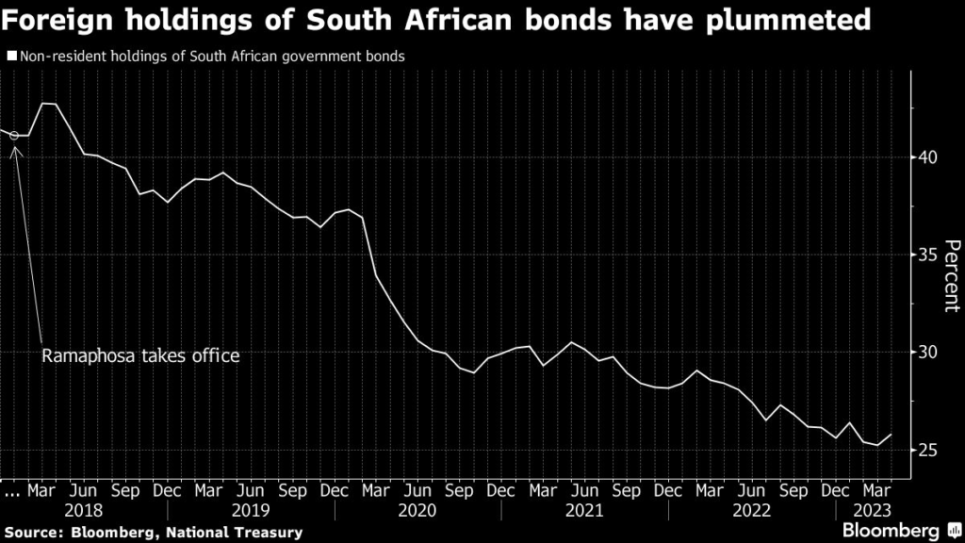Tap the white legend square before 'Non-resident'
(x=10, y=57)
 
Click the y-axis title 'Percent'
(x=950, y=275)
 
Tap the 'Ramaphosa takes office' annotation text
(x=140, y=355)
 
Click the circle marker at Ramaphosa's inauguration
(x=14, y=136)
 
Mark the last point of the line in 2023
(x=891, y=435)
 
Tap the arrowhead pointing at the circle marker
(x=15, y=148)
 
